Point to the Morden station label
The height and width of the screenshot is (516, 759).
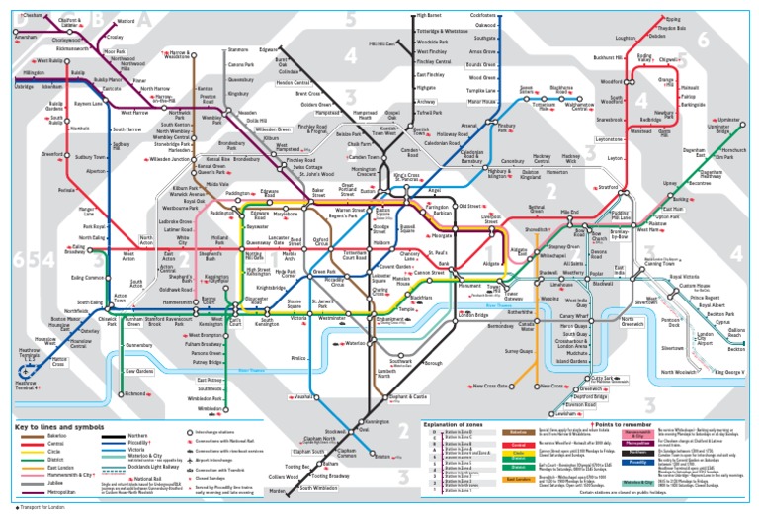[x=278, y=490]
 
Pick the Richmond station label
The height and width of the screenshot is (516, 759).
[x=134, y=393]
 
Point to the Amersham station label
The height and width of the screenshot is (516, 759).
[x=15, y=37]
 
